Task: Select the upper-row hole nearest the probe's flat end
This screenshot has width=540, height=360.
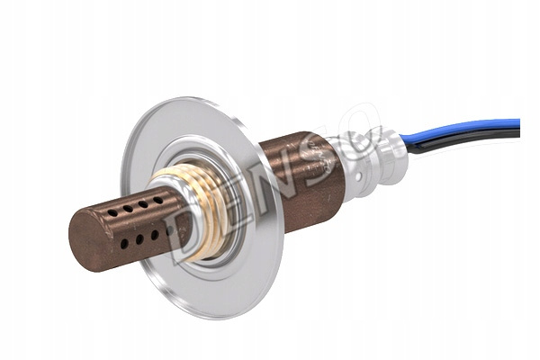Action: (112, 213)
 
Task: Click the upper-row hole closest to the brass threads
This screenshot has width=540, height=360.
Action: (158, 200)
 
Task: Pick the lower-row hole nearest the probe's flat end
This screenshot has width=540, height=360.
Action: (124, 244)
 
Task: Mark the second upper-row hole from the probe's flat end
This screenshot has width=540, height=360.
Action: (128, 209)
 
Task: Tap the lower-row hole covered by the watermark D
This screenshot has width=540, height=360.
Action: (169, 230)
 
